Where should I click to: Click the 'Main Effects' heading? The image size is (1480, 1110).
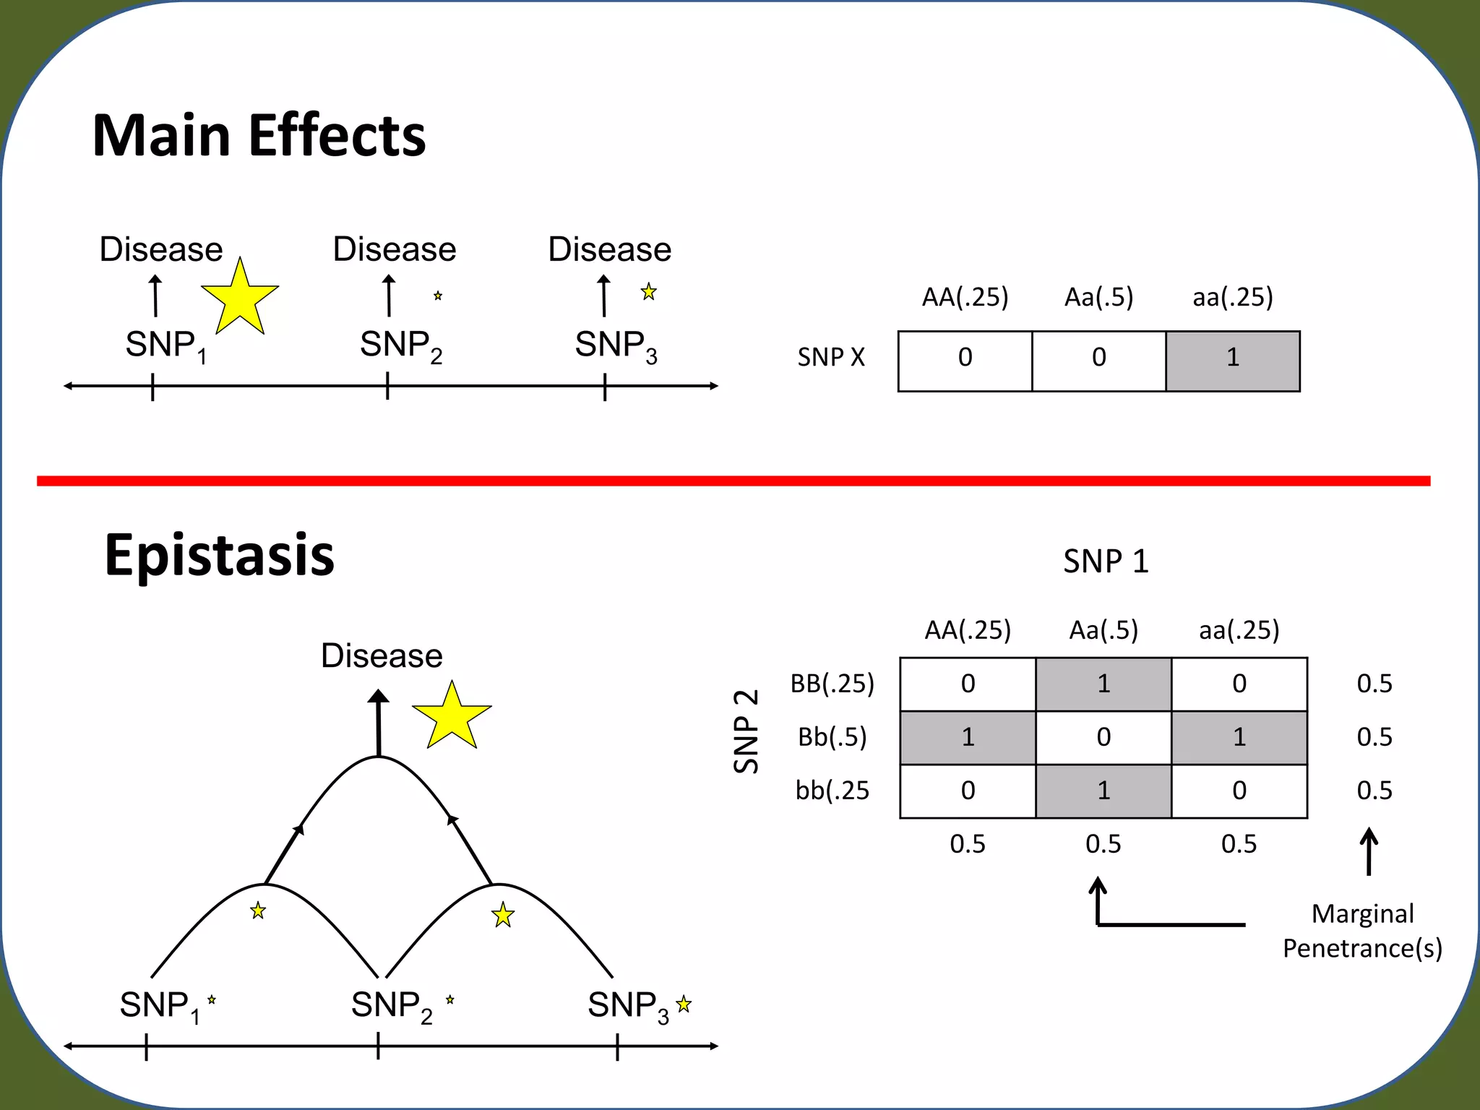[x=259, y=136]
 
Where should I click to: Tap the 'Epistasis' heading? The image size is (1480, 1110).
[x=219, y=555]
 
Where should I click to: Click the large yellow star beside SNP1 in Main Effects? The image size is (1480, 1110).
[x=240, y=298]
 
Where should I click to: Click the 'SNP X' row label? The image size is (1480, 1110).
[x=831, y=357]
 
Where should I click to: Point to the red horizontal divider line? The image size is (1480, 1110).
[x=733, y=481]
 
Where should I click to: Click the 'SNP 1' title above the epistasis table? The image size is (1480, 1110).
[x=1106, y=562]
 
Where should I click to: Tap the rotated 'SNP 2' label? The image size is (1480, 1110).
[x=747, y=731]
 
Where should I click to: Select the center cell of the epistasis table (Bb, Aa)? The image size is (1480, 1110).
[x=1103, y=738]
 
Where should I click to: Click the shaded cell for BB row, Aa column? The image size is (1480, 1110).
[x=1103, y=684]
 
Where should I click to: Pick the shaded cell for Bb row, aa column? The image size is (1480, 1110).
[x=1239, y=738]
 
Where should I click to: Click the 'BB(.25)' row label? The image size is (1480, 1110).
[x=832, y=684]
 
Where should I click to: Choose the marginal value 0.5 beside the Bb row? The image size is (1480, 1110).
[x=1374, y=737]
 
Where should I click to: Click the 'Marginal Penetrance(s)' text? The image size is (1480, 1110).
[x=1362, y=931]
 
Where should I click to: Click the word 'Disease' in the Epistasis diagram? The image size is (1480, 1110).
[x=382, y=656]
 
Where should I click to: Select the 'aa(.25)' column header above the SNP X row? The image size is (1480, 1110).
[x=1233, y=297]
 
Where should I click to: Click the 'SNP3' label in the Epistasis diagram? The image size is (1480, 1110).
[x=628, y=1006]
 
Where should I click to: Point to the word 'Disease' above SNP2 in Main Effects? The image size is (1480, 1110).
[x=395, y=249]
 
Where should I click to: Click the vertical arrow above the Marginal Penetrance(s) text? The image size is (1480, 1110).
[x=1369, y=851]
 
